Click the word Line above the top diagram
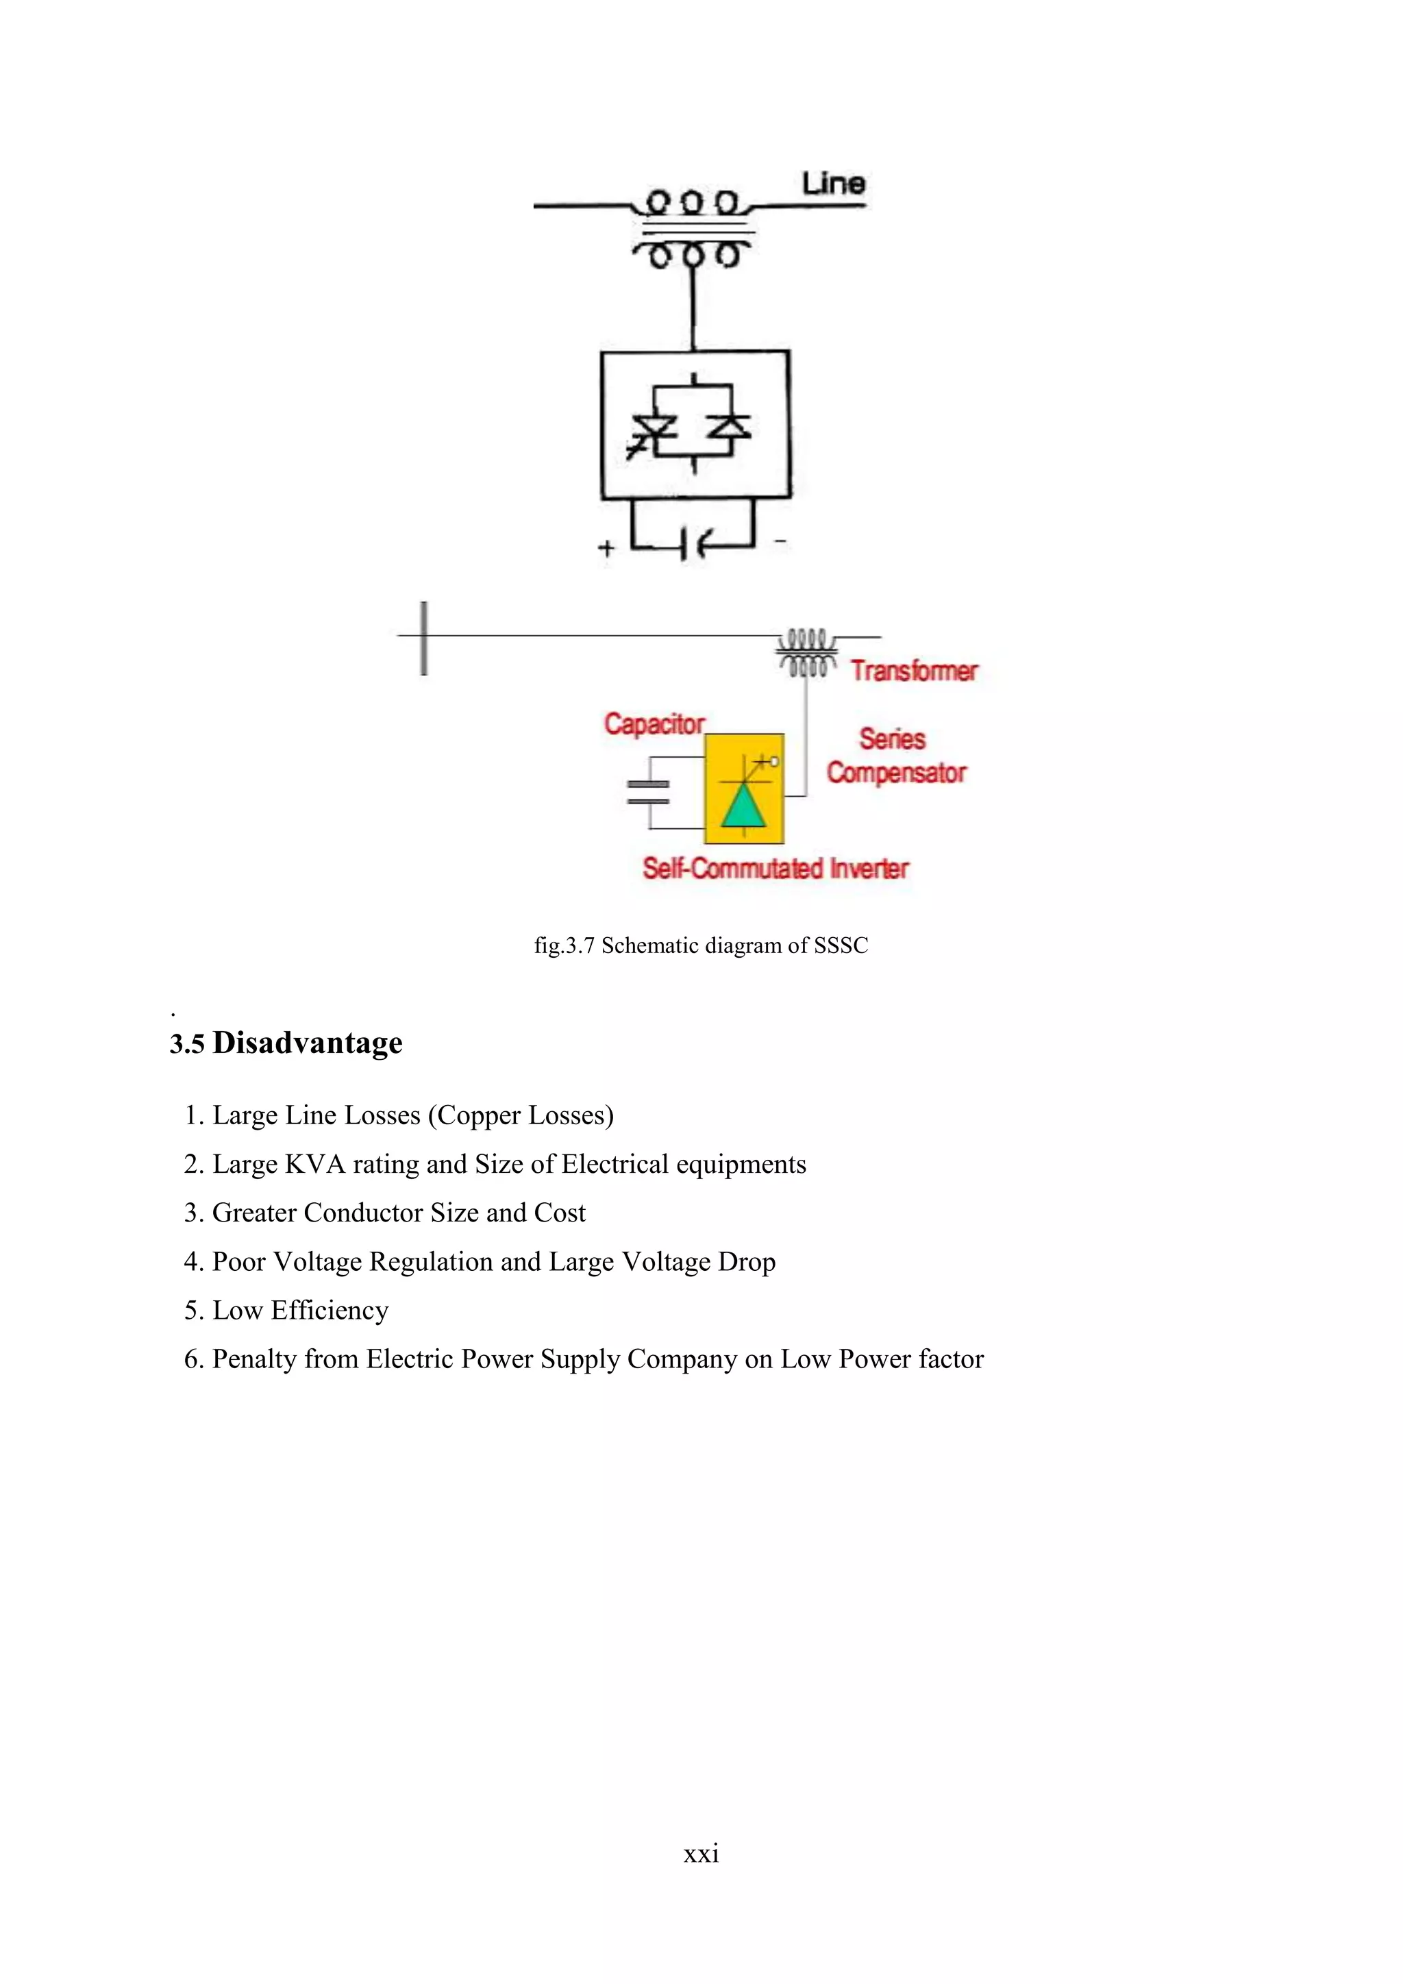coord(833,183)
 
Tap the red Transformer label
coord(914,671)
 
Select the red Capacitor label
coord(654,723)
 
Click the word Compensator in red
coord(896,771)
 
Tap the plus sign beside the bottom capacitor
coord(606,548)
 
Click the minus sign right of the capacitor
coord(780,541)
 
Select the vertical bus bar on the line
coord(423,638)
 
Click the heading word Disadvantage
coord(308,1042)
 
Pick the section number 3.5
coord(186,1044)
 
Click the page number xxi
coord(701,1852)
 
